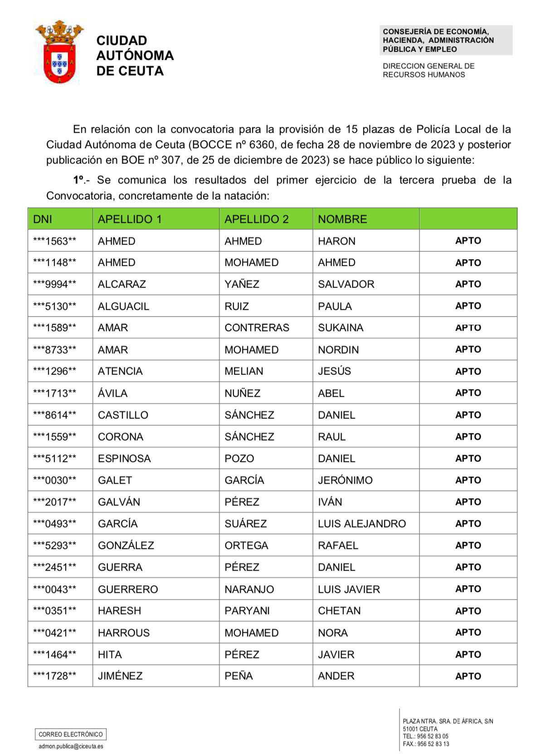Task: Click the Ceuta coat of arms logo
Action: pyautogui.click(x=59, y=52)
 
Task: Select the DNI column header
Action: pyautogui.click(x=43, y=219)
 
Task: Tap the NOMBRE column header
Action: pyautogui.click(x=342, y=219)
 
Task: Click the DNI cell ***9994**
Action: pyautogui.click(x=54, y=284)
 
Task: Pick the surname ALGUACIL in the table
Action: pyautogui.click(x=123, y=306)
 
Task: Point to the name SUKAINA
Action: pyautogui.click(x=341, y=328)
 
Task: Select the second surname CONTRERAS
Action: pyautogui.click(x=257, y=328)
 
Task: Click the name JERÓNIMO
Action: pyautogui.click(x=345, y=480)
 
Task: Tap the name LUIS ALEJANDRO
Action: pyautogui.click(x=361, y=524)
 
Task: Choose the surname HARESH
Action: pyautogui.click(x=119, y=611)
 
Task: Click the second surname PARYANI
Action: pyautogui.click(x=247, y=611)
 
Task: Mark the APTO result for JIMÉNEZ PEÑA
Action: pyautogui.click(x=468, y=676)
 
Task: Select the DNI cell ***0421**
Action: pyautogui.click(x=54, y=633)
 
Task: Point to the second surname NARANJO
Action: pyautogui.click(x=249, y=589)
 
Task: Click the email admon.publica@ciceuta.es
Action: pyautogui.click(x=71, y=746)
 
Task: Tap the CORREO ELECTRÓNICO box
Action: pyautogui.click(x=71, y=734)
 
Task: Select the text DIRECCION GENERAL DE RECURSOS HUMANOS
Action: pyautogui.click(x=428, y=70)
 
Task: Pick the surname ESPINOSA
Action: pyautogui.click(x=124, y=459)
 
